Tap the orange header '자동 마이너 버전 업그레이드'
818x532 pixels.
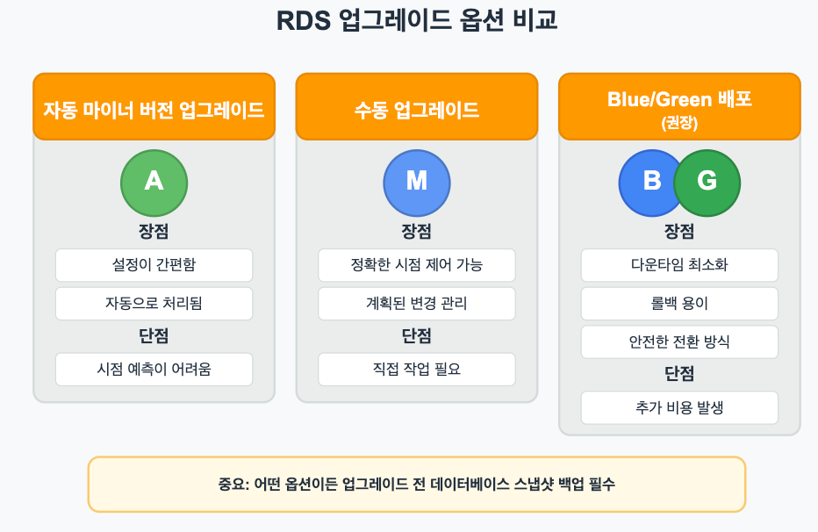coord(154,110)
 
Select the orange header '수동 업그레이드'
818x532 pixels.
coord(417,110)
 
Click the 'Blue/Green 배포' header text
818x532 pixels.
coord(679,99)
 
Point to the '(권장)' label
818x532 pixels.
coord(679,124)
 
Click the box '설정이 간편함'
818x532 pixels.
coord(154,265)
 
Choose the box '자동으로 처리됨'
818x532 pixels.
coord(154,304)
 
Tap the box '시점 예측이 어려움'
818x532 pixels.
coord(154,370)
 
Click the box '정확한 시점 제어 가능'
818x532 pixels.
coord(417,265)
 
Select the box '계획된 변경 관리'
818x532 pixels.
coord(417,304)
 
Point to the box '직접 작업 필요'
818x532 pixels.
coord(417,370)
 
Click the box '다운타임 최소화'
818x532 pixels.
coord(679,265)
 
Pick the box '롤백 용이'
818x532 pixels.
coord(679,304)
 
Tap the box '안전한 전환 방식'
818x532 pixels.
coord(679,342)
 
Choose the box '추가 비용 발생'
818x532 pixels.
coord(679,407)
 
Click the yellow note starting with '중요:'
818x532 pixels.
coord(417,484)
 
